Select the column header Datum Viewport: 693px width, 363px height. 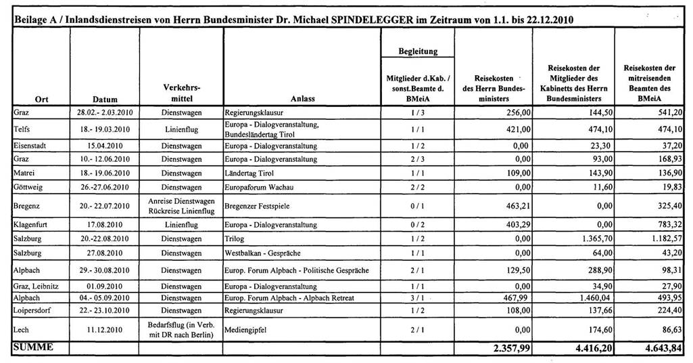[104, 99]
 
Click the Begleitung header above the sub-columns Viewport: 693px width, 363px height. [419, 51]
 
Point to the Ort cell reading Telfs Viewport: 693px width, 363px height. [21, 129]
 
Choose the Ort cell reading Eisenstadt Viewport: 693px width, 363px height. [28, 146]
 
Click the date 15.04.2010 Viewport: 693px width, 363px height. [104, 146]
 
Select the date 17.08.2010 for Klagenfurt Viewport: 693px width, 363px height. [104, 225]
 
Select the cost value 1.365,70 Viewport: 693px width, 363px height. [589, 239]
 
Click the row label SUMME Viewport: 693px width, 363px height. [32, 347]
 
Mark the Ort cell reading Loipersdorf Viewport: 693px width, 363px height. [31, 310]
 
